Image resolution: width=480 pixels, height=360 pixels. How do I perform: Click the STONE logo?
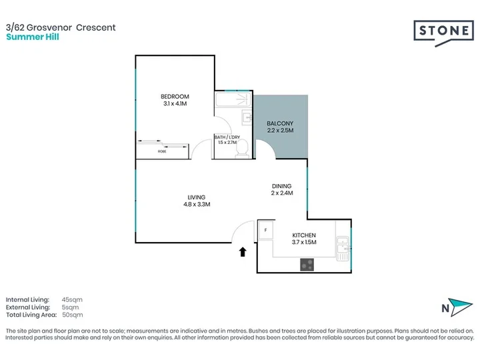pyautogui.click(x=443, y=33)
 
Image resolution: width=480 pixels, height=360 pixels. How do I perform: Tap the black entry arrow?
pyautogui.click(x=243, y=251)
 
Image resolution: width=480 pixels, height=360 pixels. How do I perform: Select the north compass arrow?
pyautogui.click(x=460, y=307)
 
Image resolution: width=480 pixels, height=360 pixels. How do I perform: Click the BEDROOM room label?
pyautogui.click(x=175, y=97)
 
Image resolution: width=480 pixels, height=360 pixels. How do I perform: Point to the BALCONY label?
pyautogui.click(x=280, y=123)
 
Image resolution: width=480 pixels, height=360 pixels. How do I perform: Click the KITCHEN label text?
pyautogui.click(x=304, y=235)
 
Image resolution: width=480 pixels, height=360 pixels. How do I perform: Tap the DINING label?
pyautogui.click(x=281, y=186)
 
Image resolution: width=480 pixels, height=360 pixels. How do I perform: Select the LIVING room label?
pyautogui.click(x=197, y=197)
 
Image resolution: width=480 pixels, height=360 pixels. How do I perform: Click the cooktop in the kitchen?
pyautogui.click(x=307, y=265)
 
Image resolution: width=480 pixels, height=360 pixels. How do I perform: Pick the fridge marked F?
pyautogui.click(x=265, y=230)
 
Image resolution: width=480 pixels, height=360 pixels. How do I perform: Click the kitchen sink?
pyautogui.click(x=343, y=248)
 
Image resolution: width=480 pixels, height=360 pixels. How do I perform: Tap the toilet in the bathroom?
pyautogui.click(x=243, y=149)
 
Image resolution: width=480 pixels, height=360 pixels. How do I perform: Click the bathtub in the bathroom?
pyautogui.click(x=233, y=99)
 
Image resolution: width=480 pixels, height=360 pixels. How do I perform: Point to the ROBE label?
pyautogui.click(x=162, y=151)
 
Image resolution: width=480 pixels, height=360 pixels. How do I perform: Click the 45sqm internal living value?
pyautogui.click(x=72, y=300)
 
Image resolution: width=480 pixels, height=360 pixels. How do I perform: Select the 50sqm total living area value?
pyautogui.click(x=72, y=315)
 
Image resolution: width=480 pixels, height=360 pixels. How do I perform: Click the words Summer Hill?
pyautogui.click(x=33, y=37)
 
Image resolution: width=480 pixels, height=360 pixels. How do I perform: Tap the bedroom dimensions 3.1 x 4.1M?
pyautogui.click(x=175, y=103)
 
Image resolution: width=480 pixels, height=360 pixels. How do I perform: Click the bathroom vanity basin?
pyautogui.click(x=247, y=117)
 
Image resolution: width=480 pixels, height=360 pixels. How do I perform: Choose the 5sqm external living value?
pyautogui.click(x=70, y=307)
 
